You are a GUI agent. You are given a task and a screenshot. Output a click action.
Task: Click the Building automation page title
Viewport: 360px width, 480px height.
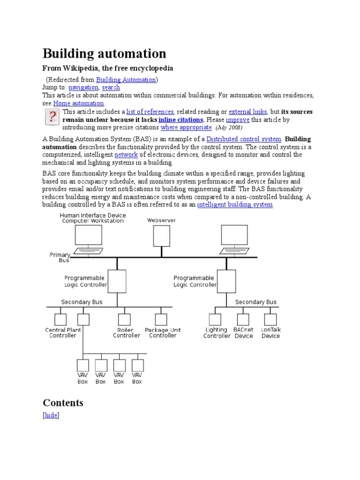tap(104, 53)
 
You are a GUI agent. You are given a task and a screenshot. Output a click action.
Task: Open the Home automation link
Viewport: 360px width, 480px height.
tap(78, 103)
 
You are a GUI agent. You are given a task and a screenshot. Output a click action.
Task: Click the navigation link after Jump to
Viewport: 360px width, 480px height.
tap(83, 87)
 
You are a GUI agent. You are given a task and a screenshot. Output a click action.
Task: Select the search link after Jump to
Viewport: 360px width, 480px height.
tap(111, 87)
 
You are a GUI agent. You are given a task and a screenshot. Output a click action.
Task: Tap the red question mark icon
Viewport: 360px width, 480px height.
tap(52, 117)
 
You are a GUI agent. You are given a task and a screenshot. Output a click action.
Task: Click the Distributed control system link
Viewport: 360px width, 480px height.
tap(244, 139)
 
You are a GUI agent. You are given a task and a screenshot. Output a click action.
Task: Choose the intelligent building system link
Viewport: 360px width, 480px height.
tap(235, 204)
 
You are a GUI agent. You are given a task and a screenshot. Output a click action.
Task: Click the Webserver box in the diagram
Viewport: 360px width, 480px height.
tap(162, 236)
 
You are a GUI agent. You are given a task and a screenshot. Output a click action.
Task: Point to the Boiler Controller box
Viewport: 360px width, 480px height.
tap(124, 319)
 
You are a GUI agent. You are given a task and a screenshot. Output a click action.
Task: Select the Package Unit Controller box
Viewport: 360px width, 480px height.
tap(161, 319)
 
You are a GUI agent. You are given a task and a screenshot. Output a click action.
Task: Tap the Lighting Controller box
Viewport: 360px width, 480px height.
tap(215, 319)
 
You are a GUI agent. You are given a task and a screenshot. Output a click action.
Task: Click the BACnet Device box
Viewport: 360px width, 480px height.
tap(243, 319)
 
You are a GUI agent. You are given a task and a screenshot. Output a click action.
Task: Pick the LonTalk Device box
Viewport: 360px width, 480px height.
tap(270, 319)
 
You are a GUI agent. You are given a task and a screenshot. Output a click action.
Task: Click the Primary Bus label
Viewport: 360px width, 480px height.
tap(60, 257)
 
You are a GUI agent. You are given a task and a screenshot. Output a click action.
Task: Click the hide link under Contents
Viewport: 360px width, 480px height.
tap(51, 415)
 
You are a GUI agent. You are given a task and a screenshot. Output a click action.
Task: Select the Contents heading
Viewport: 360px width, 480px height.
tap(63, 403)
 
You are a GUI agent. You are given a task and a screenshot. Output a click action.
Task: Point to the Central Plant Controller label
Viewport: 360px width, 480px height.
tap(63, 333)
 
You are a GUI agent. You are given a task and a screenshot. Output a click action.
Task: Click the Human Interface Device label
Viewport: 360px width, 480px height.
tap(93, 216)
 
